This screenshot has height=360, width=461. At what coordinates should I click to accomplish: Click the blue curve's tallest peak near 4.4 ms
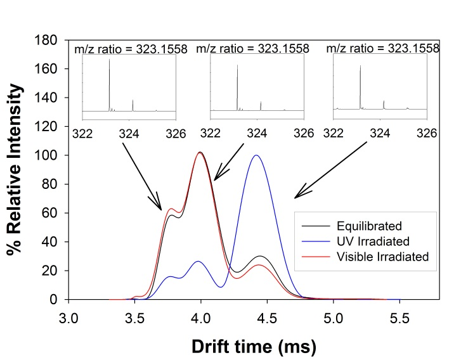(x=256, y=155)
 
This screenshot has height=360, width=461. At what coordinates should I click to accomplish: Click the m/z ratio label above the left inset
(x=131, y=49)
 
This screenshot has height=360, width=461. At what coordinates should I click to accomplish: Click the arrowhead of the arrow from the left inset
(x=160, y=209)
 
